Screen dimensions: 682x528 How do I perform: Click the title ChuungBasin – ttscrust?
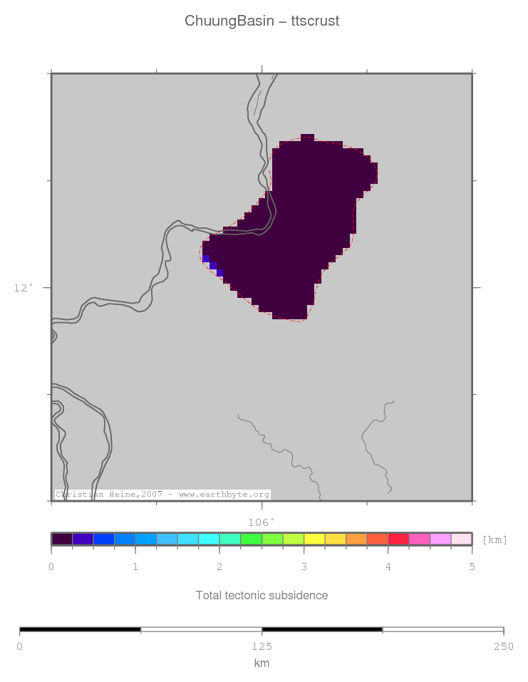262,21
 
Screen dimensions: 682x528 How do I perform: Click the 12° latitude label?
24,288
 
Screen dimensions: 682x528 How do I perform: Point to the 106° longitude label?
261,522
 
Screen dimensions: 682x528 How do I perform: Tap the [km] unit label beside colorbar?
495,539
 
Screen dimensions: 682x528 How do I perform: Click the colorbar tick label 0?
51,567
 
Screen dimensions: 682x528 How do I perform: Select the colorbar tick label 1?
135,567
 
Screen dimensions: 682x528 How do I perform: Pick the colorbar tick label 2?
219,567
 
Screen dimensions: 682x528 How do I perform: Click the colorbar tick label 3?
304,567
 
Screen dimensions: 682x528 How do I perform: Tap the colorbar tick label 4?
388,567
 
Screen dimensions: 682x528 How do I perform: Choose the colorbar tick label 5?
472,567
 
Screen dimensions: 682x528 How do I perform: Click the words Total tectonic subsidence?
262,595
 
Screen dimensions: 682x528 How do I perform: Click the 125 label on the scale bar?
262,646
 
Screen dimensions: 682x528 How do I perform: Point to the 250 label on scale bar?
503,646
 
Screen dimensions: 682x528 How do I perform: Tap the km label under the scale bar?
262,663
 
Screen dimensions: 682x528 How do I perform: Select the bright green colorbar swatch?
251,539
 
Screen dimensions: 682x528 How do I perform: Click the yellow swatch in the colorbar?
314,539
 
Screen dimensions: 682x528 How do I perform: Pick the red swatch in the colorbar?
398,539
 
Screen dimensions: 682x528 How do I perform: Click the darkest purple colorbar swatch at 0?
62,539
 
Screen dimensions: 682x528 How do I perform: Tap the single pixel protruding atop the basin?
307,137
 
